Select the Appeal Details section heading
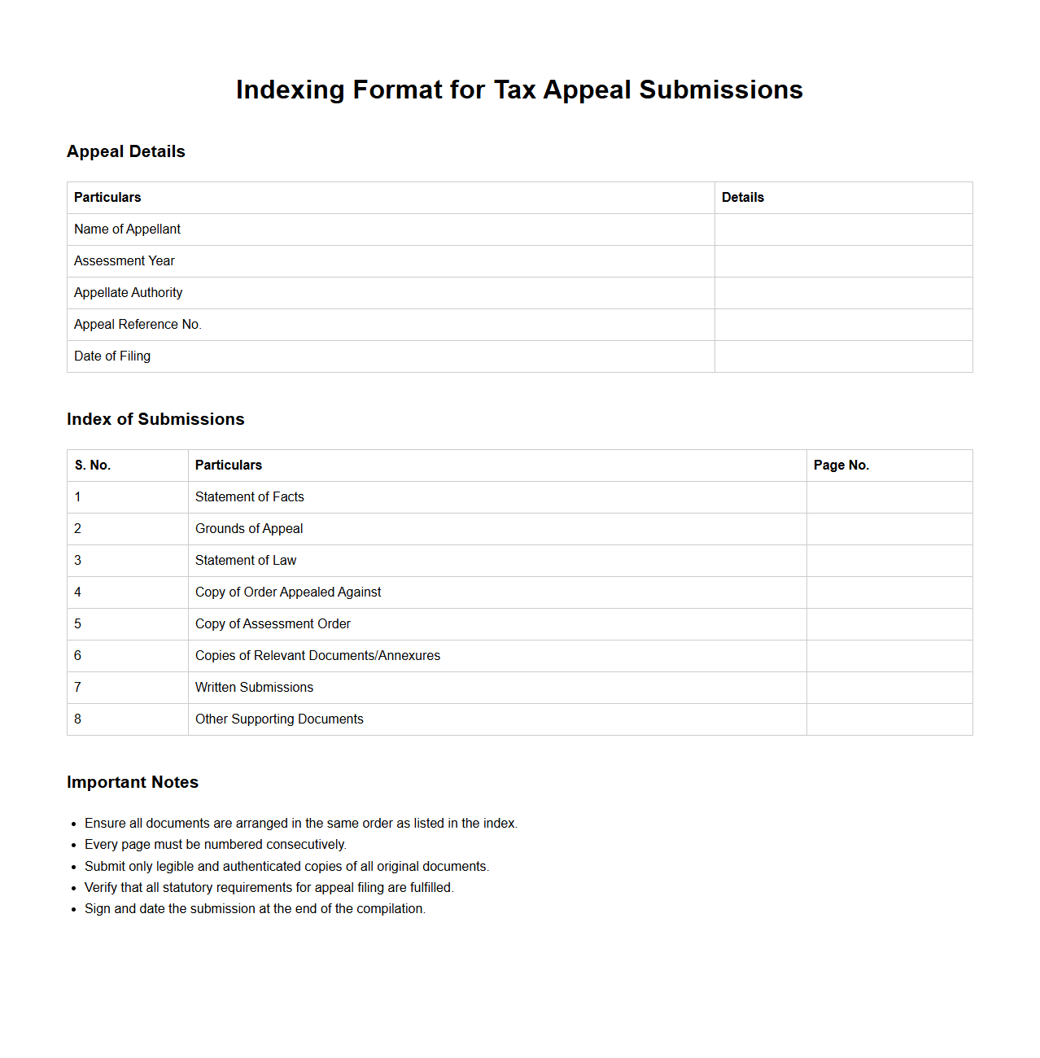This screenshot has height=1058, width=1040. pyautogui.click(x=126, y=151)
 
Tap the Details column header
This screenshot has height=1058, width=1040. pyautogui.click(x=742, y=197)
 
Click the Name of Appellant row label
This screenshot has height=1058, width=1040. pyautogui.click(x=127, y=229)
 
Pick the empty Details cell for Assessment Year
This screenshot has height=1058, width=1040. pyautogui.click(x=843, y=260)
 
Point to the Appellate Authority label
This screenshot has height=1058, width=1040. pyautogui.click(x=128, y=292)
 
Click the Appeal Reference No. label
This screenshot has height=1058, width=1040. pyautogui.click(x=138, y=324)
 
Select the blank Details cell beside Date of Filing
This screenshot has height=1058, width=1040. pyautogui.click(x=843, y=356)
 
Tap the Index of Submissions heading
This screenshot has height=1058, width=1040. pyautogui.click(x=155, y=419)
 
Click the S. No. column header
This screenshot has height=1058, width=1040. pyautogui.click(x=92, y=465)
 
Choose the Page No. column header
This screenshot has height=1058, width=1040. pyautogui.click(x=841, y=465)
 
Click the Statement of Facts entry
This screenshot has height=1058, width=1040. pyautogui.click(x=249, y=496)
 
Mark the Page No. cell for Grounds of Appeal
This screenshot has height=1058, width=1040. pyautogui.click(x=889, y=528)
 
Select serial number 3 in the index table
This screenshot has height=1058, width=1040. pyautogui.click(x=77, y=560)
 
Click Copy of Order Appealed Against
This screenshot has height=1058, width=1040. pyautogui.click(x=288, y=592)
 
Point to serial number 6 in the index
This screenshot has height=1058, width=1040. pyautogui.click(x=77, y=655)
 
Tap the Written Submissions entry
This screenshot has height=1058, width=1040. pyautogui.click(x=254, y=687)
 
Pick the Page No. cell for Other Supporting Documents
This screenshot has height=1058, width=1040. pyautogui.click(x=889, y=719)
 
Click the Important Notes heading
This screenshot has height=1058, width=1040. pyautogui.click(x=133, y=782)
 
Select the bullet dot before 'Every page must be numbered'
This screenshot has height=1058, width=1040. pyautogui.click(x=73, y=846)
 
